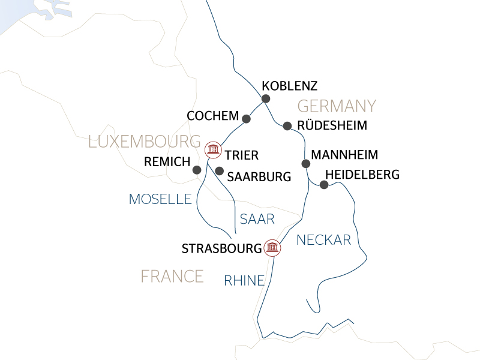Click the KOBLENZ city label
[290, 85]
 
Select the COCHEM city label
[213, 115]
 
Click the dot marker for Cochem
[246, 118]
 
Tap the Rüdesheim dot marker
[287, 126]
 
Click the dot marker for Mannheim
[305, 163]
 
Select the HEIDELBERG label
[361, 175]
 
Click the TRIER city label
[243, 155]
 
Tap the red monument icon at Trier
[212, 148]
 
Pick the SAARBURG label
[259, 177]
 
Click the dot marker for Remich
[196, 170]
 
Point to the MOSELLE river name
[160, 199]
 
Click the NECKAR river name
[323, 240]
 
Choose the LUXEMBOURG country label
[144, 142]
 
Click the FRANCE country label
[172, 276]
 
